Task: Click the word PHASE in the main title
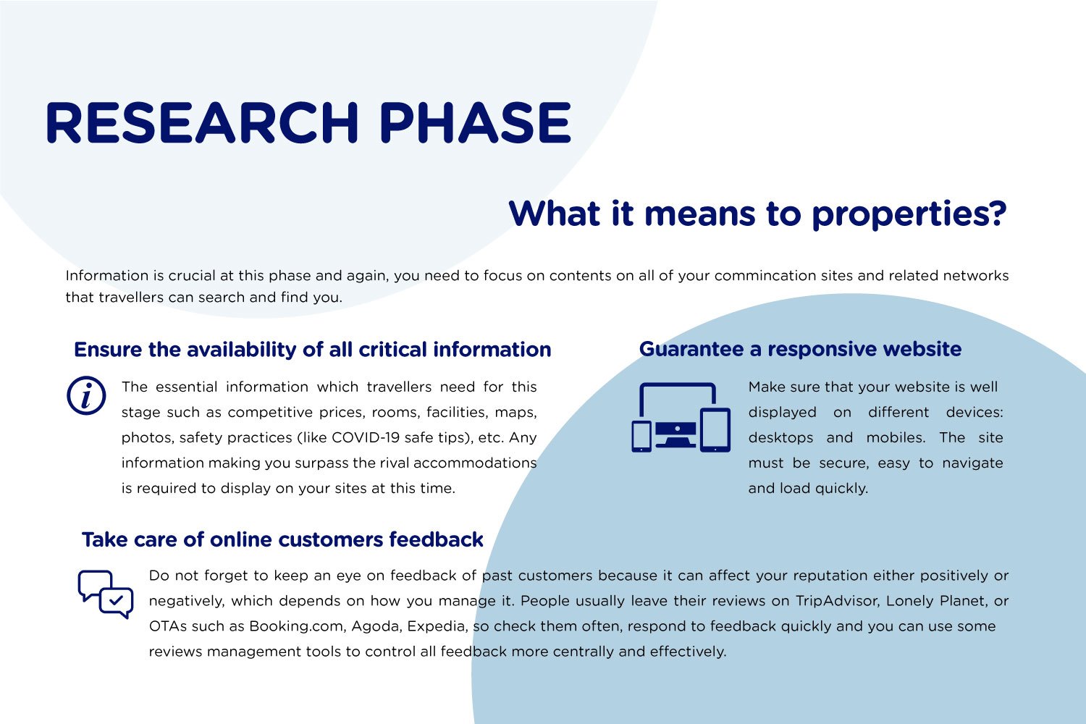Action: pyautogui.click(x=475, y=122)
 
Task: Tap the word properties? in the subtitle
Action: pyautogui.click(x=909, y=215)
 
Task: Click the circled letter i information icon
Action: pyautogui.click(x=86, y=395)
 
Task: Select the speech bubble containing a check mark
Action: pyautogui.click(x=117, y=602)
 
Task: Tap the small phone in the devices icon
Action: pyautogui.click(x=641, y=437)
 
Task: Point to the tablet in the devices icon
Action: pyautogui.click(x=715, y=430)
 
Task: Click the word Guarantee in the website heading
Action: pyautogui.click(x=691, y=349)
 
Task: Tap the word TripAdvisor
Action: pyautogui.click(x=837, y=601)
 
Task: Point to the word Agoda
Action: pyautogui.click(x=376, y=626)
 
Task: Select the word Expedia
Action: pyautogui.click(x=437, y=626)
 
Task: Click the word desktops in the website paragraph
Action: pyautogui.click(x=780, y=437)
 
